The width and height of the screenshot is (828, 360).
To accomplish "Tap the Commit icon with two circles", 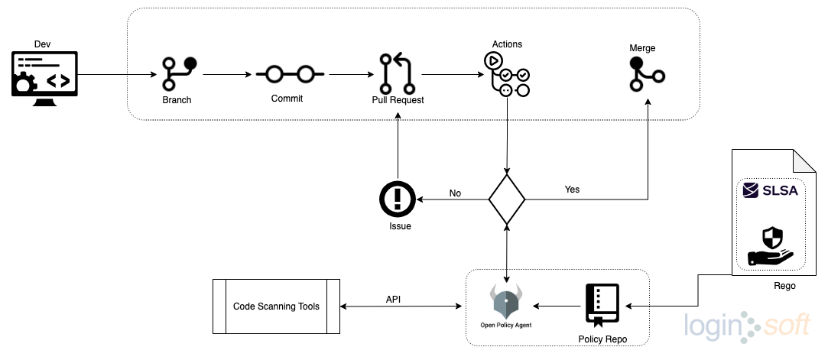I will click(x=290, y=74).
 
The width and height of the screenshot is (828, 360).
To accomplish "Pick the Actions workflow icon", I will click(x=506, y=75).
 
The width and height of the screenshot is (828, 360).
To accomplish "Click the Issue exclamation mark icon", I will click(x=397, y=199).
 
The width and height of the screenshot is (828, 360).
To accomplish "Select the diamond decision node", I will click(x=507, y=199).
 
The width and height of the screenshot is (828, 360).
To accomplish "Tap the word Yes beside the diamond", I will click(x=572, y=189).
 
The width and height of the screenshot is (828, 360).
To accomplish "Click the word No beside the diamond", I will click(x=455, y=193).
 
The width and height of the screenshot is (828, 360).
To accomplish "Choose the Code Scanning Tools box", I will click(x=276, y=306).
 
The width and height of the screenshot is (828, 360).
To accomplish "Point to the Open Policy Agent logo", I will click(x=506, y=302).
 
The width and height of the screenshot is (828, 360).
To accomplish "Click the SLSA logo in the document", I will click(x=770, y=190).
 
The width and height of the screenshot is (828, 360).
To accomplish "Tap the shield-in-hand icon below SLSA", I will click(x=770, y=245).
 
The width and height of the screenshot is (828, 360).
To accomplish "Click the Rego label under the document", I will click(x=784, y=286).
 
